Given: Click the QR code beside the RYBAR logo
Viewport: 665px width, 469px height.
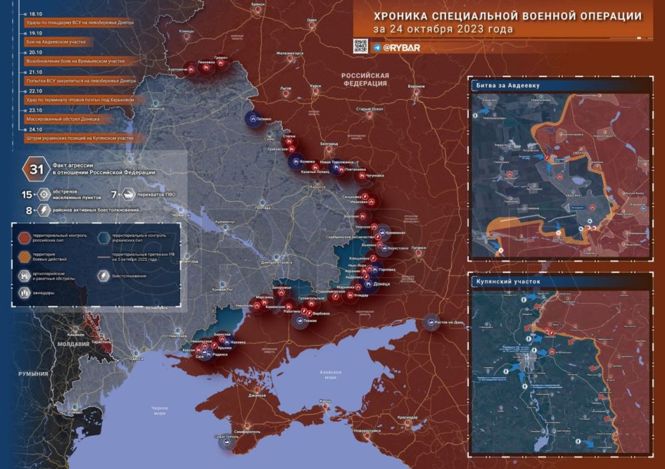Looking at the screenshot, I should [360, 46].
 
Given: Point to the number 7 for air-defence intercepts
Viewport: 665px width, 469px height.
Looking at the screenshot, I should [114, 196].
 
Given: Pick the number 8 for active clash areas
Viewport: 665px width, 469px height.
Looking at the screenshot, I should [29, 210].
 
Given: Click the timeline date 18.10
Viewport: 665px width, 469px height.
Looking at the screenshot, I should [35, 13].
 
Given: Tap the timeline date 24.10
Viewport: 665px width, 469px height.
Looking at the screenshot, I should [35, 130].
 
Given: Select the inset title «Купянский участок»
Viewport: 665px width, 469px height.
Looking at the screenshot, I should [507, 281].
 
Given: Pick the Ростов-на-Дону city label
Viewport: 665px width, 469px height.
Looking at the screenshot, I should [450, 321].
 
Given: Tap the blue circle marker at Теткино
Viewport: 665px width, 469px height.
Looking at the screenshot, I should [253, 118].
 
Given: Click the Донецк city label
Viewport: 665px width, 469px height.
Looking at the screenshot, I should [382, 283].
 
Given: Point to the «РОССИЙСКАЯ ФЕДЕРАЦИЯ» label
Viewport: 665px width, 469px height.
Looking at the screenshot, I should [365, 80].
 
